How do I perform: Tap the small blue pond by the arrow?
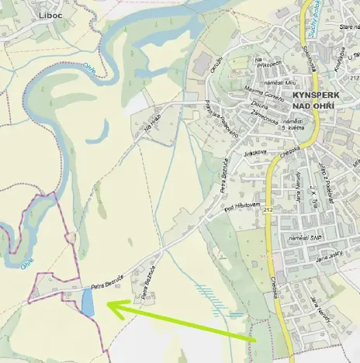(x=88, y=302)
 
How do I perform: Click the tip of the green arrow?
(x=107, y=306)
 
